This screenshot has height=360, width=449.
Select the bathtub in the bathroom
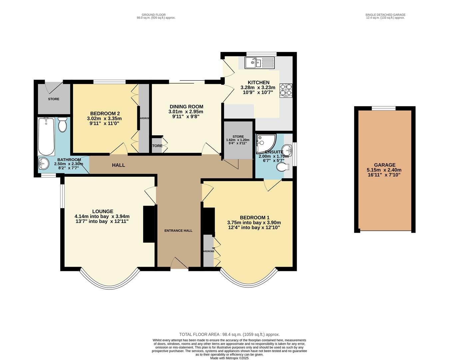coord(46,136)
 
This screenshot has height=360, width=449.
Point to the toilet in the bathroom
coord(62,124)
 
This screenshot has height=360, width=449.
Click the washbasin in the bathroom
coord(43,163)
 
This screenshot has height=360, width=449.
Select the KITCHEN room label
coord(258,83)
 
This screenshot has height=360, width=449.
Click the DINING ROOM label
coord(186,107)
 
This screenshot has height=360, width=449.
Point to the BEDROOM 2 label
coord(105,113)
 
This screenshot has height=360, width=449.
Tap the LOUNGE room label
coord(103,211)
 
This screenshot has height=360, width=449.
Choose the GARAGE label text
coord(385,165)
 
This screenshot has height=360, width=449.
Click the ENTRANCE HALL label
coord(178,231)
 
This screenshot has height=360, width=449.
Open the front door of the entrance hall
coord(179,263)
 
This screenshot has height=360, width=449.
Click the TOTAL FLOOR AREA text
coord(229,334)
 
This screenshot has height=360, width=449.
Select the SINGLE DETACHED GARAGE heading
coord(385,15)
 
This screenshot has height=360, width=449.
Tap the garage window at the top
coord(384,108)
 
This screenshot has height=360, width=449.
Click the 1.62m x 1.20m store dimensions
coord(238,140)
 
